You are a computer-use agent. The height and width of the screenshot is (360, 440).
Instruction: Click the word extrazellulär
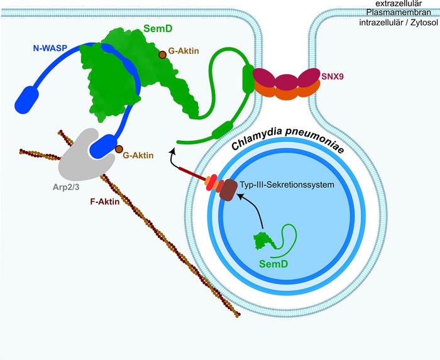click(x=409, y=4)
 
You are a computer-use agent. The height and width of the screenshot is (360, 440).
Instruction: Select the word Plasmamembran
click(x=409, y=14)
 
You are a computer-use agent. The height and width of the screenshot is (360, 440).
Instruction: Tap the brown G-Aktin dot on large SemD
click(x=162, y=55)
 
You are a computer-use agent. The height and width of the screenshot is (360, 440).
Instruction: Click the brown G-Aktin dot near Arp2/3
click(x=118, y=149)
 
